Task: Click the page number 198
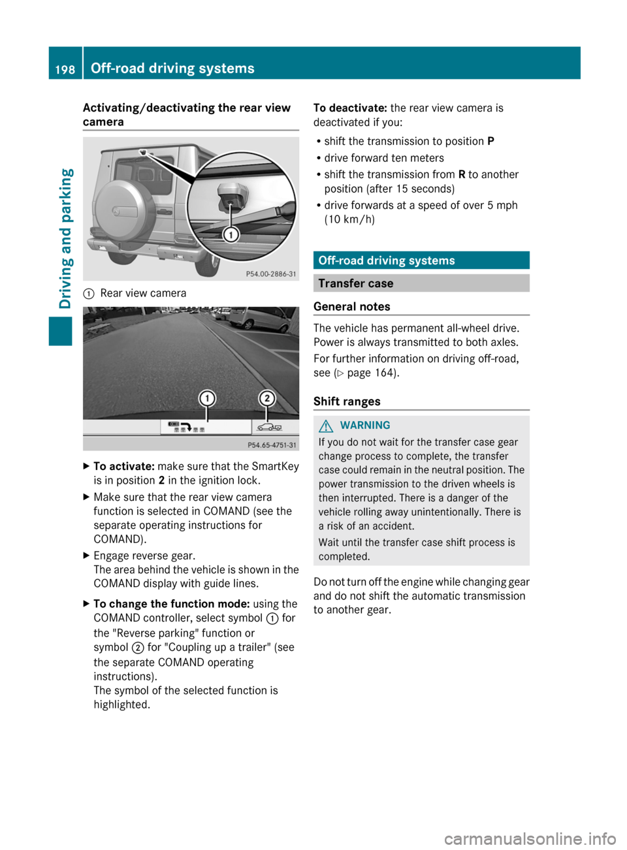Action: tap(65, 69)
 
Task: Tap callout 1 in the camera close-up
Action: tap(231, 234)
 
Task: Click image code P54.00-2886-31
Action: tap(270, 274)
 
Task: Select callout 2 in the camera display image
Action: tap(266, 398)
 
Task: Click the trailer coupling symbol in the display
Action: tap(269, 428)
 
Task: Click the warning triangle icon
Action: tap(326, 426)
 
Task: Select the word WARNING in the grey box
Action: tap(364, 426)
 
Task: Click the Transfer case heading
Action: tap(356, 283)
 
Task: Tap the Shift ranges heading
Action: tap(347, 401)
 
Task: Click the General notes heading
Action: tap(352, 307)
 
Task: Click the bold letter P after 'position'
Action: tap(490, 141)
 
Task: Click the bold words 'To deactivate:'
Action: tap(350, 108)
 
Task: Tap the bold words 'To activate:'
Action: tap(124, 466)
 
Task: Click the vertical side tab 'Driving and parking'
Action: tap(66, 238)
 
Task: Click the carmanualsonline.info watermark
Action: tap(530, 838)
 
